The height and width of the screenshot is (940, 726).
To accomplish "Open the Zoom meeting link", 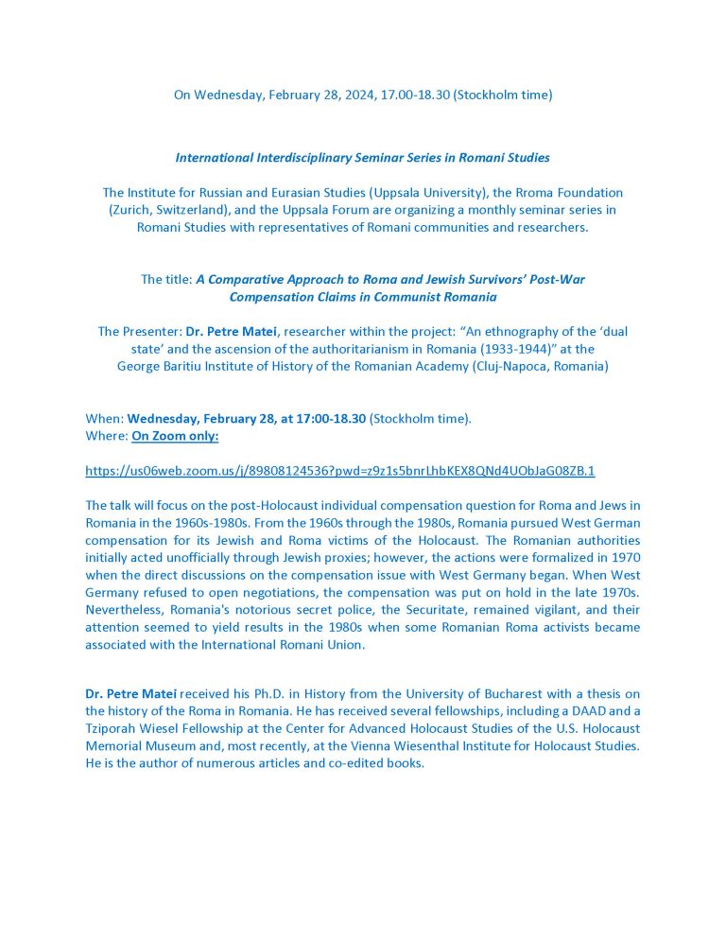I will click(x=339, y=470).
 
